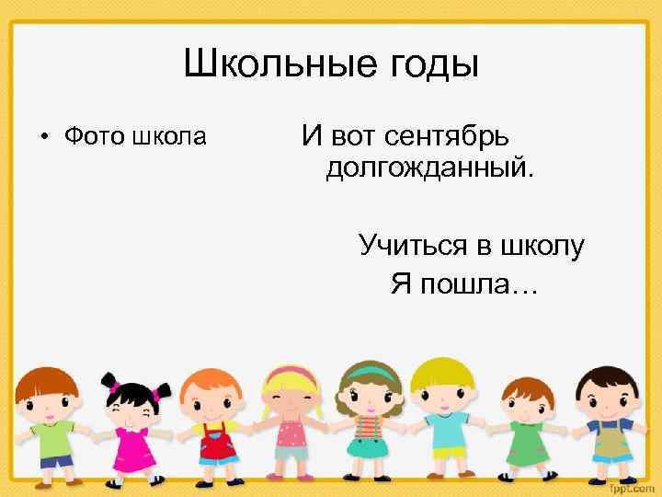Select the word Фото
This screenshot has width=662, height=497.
94,138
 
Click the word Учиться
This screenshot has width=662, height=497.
413,246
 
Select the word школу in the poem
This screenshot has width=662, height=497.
542,246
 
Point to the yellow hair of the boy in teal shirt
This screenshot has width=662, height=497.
439,372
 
